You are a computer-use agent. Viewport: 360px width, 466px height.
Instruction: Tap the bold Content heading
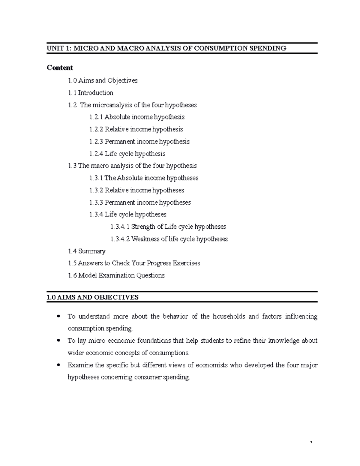click(x=60, y=68)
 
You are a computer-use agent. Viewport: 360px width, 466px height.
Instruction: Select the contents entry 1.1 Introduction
click(x=91, y=93)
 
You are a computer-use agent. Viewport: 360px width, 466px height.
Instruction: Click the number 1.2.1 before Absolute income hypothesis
click(x=96, y=117)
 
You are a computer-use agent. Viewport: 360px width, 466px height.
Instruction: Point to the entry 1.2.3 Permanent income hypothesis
click(x=139, y=141)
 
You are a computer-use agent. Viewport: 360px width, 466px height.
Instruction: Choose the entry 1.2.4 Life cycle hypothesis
click(x=127, y=154)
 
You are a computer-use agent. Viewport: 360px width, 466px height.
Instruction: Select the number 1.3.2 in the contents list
click(x=96, y=190)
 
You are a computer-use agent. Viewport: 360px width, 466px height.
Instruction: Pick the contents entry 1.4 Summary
click(x=87, y=251)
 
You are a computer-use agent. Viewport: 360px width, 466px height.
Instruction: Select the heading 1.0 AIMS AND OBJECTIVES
click(x=92, y=297)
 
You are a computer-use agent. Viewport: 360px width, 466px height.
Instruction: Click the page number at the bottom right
click(x=312, y=443)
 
